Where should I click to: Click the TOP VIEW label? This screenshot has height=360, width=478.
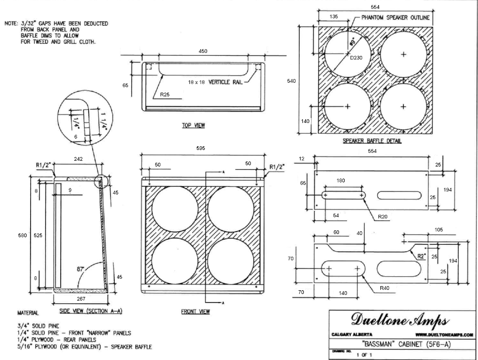(x=193, y=126)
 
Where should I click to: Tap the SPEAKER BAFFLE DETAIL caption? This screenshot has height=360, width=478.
(x=372, y=141)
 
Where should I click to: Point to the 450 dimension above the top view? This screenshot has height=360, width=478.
(x=203, y=51)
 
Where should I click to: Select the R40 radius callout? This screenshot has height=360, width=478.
(x=384, y=288)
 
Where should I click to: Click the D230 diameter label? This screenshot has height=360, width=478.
(x=356, y=58)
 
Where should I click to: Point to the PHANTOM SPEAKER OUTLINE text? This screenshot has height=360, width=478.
(x=395, y=18)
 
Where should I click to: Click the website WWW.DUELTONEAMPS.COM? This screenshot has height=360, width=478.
(x=444, y=335)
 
